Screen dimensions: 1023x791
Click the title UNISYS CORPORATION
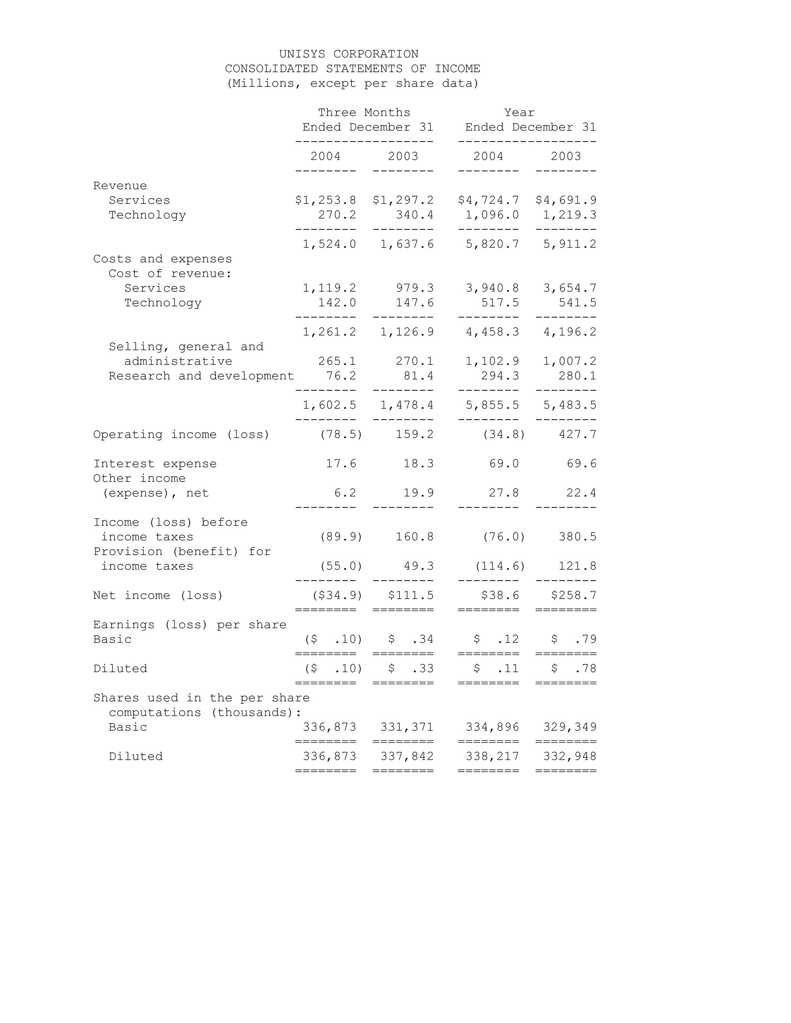click(349, 54)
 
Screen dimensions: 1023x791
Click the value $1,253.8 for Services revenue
click(326, 200)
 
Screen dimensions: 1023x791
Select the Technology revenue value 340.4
click(415, 215)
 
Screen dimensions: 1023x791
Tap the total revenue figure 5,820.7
click(492, 244)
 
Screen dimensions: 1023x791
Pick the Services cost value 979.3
click(415, 288)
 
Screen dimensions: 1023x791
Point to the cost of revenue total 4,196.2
click(570, 332)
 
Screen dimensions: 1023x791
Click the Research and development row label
click(201, 376)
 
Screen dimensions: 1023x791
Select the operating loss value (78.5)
click(341, 435)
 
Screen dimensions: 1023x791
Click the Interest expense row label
click(154, 464)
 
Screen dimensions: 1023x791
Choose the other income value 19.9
click(418, 493)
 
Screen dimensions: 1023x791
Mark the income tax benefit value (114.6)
click(500, 566)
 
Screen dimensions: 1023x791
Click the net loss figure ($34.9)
click(337, 596)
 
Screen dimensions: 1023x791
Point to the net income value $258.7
click(574, 596)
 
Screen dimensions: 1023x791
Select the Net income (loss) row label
click(158, 596)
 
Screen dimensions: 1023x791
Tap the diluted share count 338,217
click(492, 757)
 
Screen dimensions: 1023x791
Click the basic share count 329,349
click(570, 727)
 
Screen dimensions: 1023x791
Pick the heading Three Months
click(364, 113)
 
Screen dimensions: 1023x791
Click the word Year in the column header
click(519, 113)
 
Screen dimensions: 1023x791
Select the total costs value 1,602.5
click(329, 405)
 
